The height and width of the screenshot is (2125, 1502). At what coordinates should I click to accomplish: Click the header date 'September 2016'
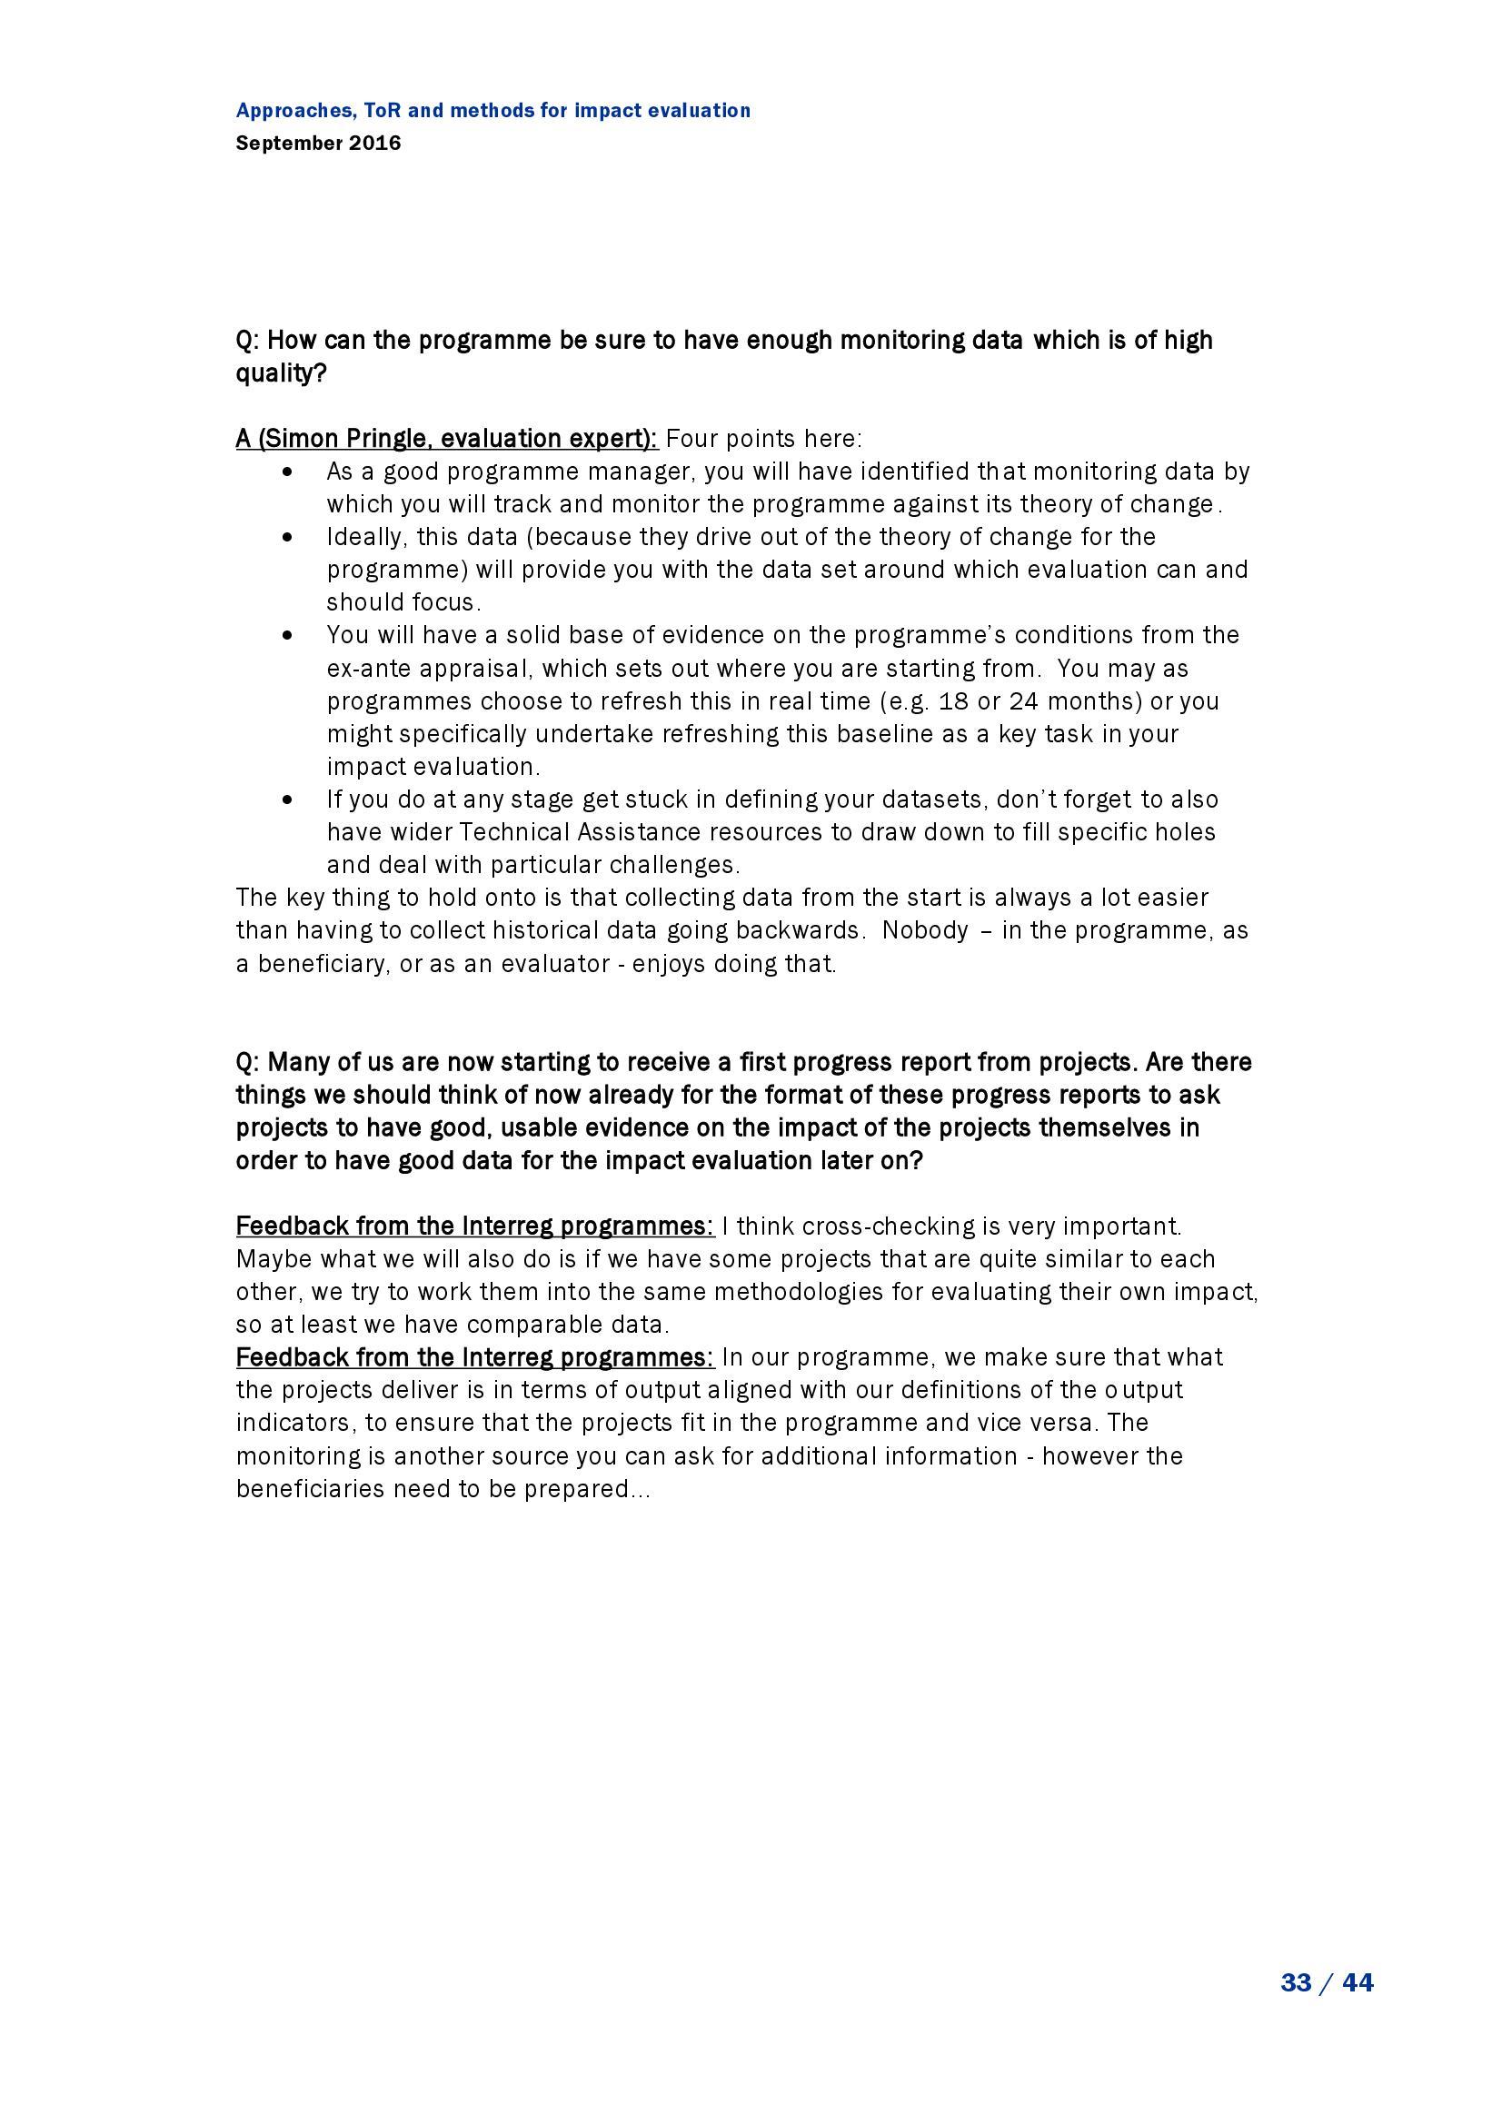(x=318, y=144)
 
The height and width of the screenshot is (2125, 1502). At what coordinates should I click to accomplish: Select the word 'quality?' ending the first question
(x=282, y=373)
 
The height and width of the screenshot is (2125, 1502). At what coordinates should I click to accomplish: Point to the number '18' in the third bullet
(x=953, y=700)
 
